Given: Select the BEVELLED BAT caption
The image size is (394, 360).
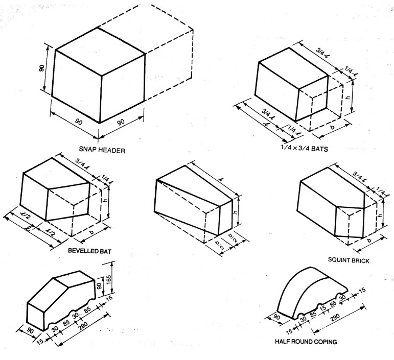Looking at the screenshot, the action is point(89,251).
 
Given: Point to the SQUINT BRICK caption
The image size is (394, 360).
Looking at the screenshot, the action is point(349,260).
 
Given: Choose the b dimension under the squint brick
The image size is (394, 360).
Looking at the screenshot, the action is point(369,240).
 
